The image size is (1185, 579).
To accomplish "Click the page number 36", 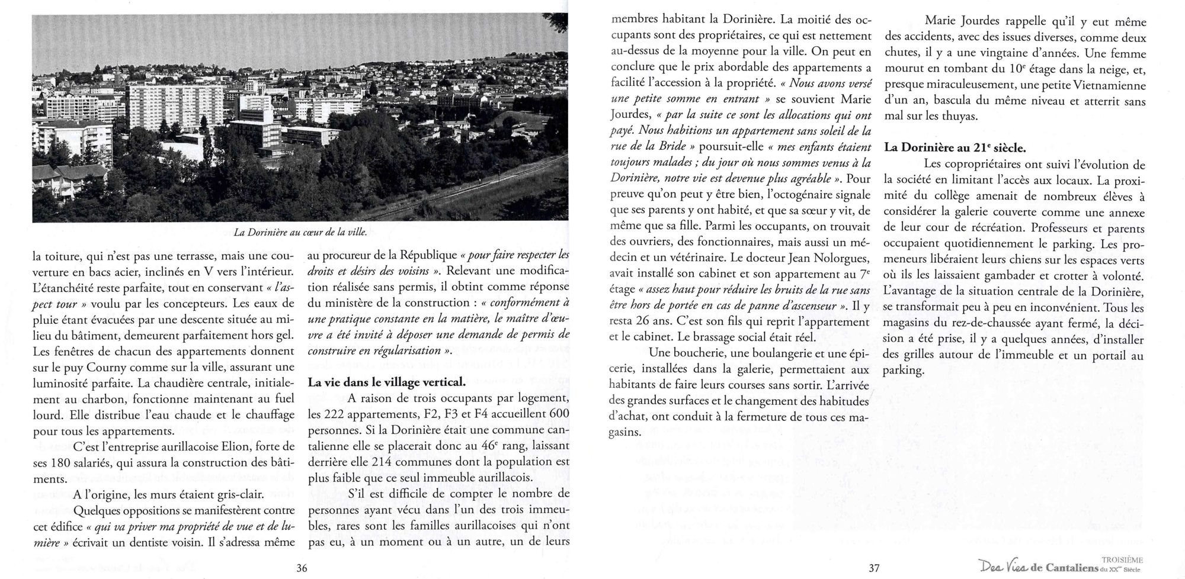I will click(302, 568).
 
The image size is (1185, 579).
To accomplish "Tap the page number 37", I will click(874, 568).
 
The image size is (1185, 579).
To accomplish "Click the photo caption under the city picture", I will click(300, 233).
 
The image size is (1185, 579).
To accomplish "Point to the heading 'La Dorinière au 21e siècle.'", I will click(955, 147).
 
